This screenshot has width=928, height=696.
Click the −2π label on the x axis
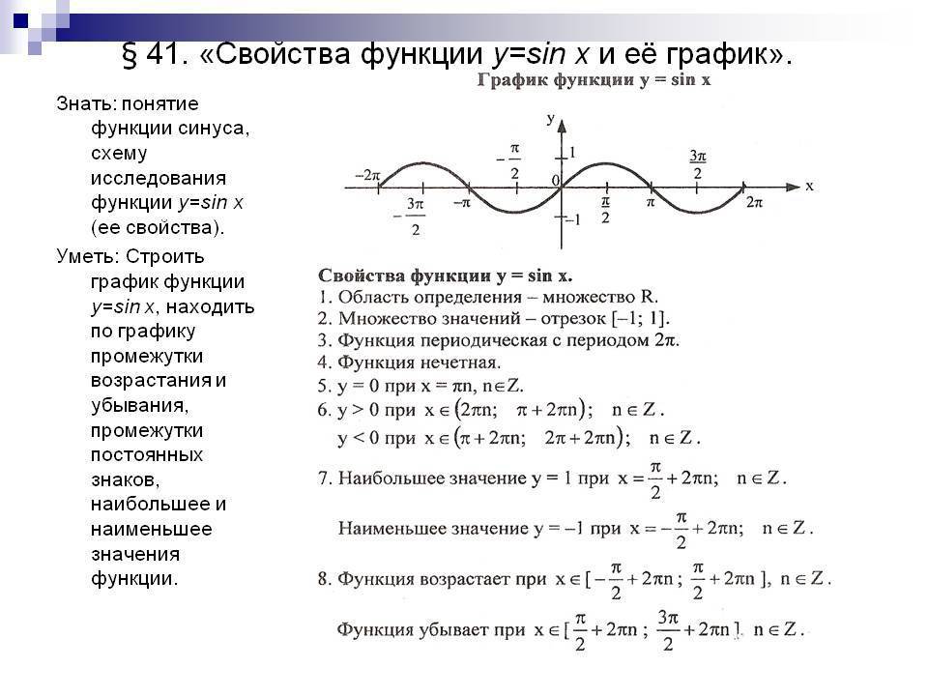(x=367, y=175)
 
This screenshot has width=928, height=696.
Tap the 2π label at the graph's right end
(x=755, y=203)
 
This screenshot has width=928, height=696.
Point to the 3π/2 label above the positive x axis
(x=698, y=164)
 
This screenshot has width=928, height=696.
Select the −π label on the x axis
(x=462, y=203)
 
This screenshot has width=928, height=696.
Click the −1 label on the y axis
(x=573, y=220)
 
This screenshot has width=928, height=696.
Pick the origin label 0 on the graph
(x=555, y=181)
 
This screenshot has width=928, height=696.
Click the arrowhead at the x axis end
(x=793, y=187)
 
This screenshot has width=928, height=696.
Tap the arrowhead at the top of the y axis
(x=562, y=126)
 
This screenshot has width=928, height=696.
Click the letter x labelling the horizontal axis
(x=809, y=187)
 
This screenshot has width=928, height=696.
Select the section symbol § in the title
(x=130, y=55)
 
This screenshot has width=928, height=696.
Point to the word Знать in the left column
(x=86, y=104)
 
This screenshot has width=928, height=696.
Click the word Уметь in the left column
(x=89, y=256)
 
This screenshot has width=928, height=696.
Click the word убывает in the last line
(x=451, y=629)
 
